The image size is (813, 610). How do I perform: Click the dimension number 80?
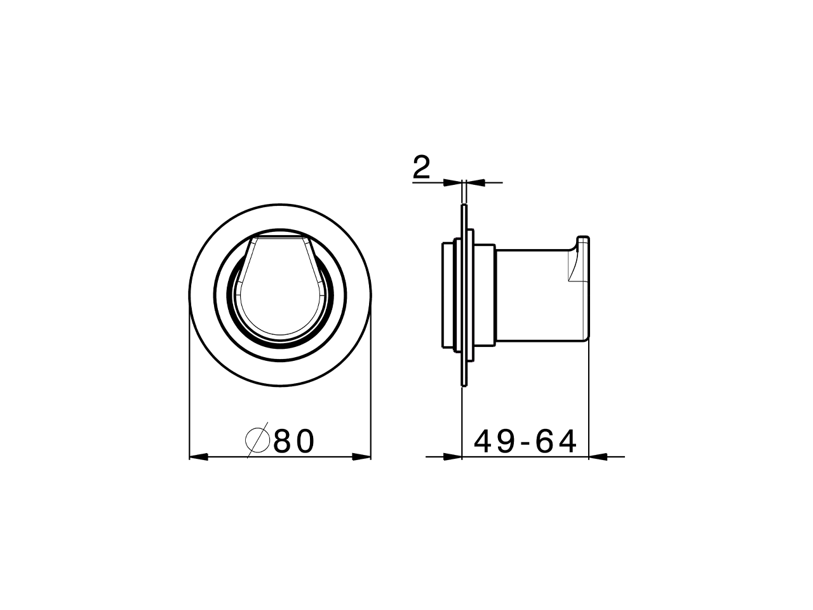tap(294, 441)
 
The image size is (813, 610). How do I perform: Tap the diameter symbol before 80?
tap(258, 440)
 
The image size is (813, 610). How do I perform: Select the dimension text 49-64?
tap(526, 442)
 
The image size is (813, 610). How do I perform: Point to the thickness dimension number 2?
tap(421, 168)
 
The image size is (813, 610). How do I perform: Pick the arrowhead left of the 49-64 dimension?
tap(453, 456)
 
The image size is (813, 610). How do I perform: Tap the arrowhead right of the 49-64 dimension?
tap(598, 456)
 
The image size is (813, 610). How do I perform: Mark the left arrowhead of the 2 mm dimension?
tap(454, 182)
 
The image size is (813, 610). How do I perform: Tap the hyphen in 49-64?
tap(525, 443)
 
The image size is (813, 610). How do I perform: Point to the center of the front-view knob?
tap(280, 295)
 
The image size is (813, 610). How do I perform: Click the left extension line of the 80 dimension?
tap(190, 381)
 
